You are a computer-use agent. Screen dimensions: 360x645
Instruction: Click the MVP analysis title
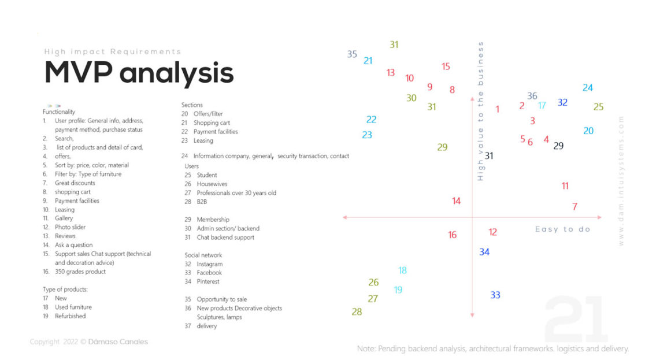pos(139,74)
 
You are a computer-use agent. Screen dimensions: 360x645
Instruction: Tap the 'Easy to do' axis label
pos(562,229)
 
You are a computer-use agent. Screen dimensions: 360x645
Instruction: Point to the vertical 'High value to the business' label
pos(481,111)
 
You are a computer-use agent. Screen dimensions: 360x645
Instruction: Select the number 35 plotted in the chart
pos(352,54)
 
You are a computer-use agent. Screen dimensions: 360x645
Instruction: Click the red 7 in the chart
pos(574,206)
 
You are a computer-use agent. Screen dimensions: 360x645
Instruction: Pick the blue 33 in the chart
pos(495,295)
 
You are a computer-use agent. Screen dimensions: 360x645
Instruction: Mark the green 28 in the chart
pos(357,312)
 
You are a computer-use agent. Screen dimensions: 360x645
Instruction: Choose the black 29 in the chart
pos(558,146)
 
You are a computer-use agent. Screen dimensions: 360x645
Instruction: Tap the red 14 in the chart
pos(456,201)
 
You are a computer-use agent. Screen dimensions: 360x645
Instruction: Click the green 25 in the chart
pos(598,107)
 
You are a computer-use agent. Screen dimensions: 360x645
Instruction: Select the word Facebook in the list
pos(209,273)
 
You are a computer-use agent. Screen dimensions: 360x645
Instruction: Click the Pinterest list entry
pos(208,281)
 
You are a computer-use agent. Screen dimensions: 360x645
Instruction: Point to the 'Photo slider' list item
pos(70,227)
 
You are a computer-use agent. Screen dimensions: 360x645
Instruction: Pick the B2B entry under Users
pos(202,202)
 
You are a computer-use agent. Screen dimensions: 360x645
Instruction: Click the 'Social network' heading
pos(203,255)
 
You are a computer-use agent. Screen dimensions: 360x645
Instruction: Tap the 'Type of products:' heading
pos(65,289)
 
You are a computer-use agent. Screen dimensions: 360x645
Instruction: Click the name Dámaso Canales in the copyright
pos(118,342)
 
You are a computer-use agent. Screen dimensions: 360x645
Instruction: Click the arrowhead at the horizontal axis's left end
pos(344,217)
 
